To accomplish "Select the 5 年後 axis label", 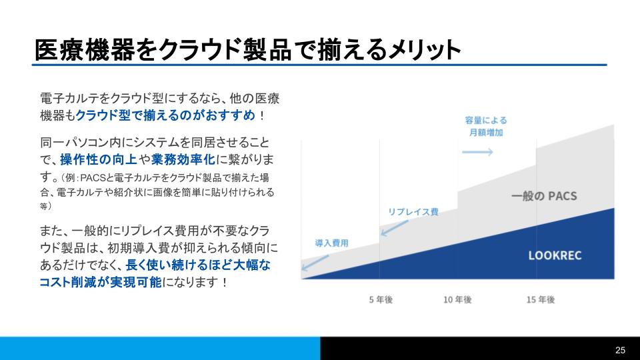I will click(381, 300).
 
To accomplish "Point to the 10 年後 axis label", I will click(457, 300).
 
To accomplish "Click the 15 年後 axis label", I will click(540, 300).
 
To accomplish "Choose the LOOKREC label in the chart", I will click(551, 255).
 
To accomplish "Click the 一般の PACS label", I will click(543, 197).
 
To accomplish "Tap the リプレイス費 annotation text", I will click(413, 212).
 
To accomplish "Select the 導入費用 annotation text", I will click(331, 243).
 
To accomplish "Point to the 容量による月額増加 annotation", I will click(485, 127).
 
